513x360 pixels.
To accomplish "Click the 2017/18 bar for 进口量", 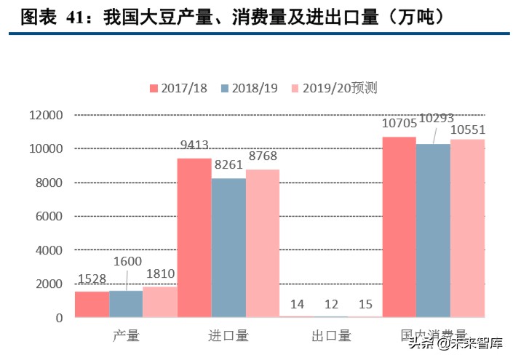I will [x=194, y=238].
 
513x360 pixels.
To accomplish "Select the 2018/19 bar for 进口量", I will [x=228, y=247].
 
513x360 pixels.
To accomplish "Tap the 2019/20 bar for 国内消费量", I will [x=468, y=228].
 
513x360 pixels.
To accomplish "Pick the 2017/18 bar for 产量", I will [x=92, y=305].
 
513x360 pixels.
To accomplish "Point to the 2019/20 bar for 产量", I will [x=160, y=302].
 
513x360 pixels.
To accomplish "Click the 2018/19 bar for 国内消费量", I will [x=434, y=231].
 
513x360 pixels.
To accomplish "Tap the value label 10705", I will [x=399, y=124].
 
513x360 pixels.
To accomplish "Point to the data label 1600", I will [x=127, y=261].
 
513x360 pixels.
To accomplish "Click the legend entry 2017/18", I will [x=178, y=88].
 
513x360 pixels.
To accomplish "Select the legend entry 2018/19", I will [x=250, y=88].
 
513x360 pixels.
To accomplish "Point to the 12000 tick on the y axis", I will [x=46, y=115].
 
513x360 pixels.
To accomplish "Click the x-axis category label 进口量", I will [x=228, y=335].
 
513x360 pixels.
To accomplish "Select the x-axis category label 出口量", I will [x=331, y=335].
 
